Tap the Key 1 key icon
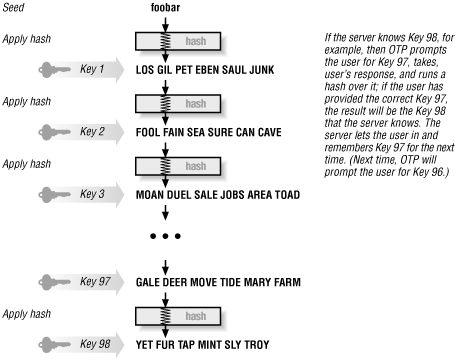pyautogui.click(x=70, y=72)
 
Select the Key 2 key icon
pyautogui.click(x=70, y=130)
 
